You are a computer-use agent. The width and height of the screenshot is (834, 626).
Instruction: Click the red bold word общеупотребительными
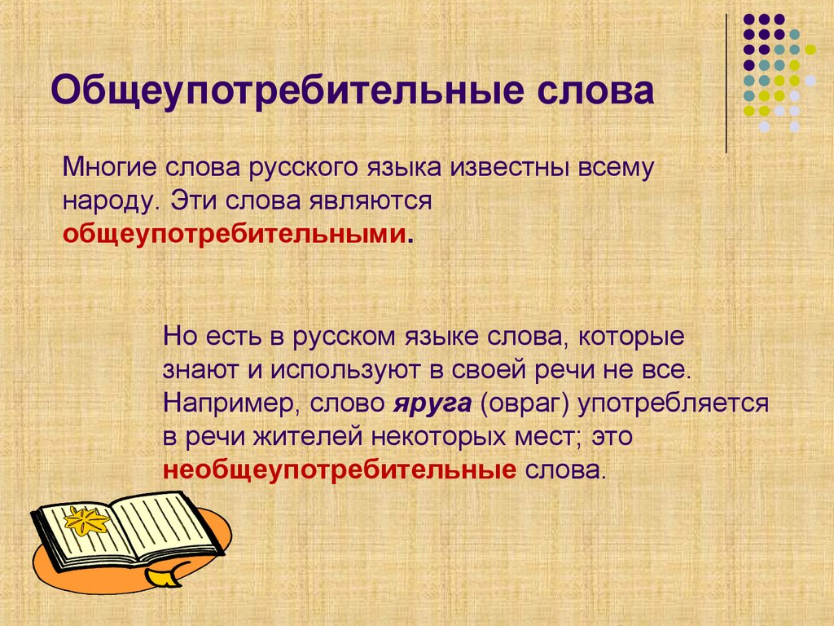[235, 235]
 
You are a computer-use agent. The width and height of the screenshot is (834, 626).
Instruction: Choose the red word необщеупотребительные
[340, 470]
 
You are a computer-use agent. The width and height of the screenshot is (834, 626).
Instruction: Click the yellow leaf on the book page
[87, 520]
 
